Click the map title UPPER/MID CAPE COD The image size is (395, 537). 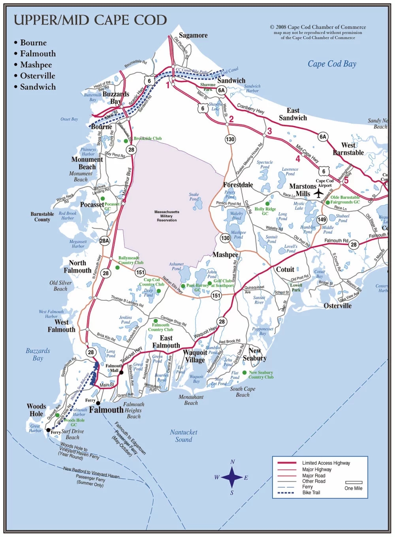tap(90, 20)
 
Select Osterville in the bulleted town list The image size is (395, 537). tap(38, 76)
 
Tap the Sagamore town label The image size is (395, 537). tap(193, 35)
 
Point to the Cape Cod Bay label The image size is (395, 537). tap(332, 64)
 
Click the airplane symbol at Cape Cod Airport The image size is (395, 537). tap(318, 193)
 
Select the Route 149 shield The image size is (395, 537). tap(322, 219)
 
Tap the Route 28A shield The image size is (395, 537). tap(105, 241)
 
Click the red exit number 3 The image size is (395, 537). tap(269, 131)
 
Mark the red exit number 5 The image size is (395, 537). tap(346, 180)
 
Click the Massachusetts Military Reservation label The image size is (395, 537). tap(167, 216)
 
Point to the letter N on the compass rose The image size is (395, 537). tap(232, 462)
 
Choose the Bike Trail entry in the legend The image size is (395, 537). tap(311, 492)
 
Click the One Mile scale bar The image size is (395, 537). tap(354, 482)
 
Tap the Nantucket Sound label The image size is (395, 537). tap(184, 436)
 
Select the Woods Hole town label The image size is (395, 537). tap(36, 410)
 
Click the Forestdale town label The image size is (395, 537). tap(238, 185)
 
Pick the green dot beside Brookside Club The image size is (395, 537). tap(126, 141)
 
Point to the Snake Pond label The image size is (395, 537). tap(194, 196)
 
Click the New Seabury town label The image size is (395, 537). tap(254, 354)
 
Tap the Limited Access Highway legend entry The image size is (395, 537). tap(326, 463)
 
